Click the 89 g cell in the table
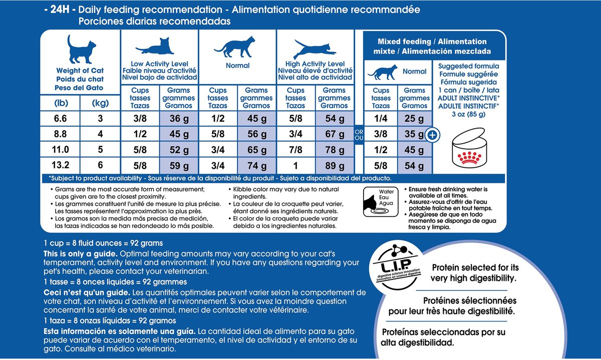point(335,166)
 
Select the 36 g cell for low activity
point(178,119)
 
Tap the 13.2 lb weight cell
point(61,166)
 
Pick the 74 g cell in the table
point(256,166)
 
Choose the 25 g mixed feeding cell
point(414,119)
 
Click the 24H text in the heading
point(60,10)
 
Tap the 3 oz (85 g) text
point(468,114)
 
